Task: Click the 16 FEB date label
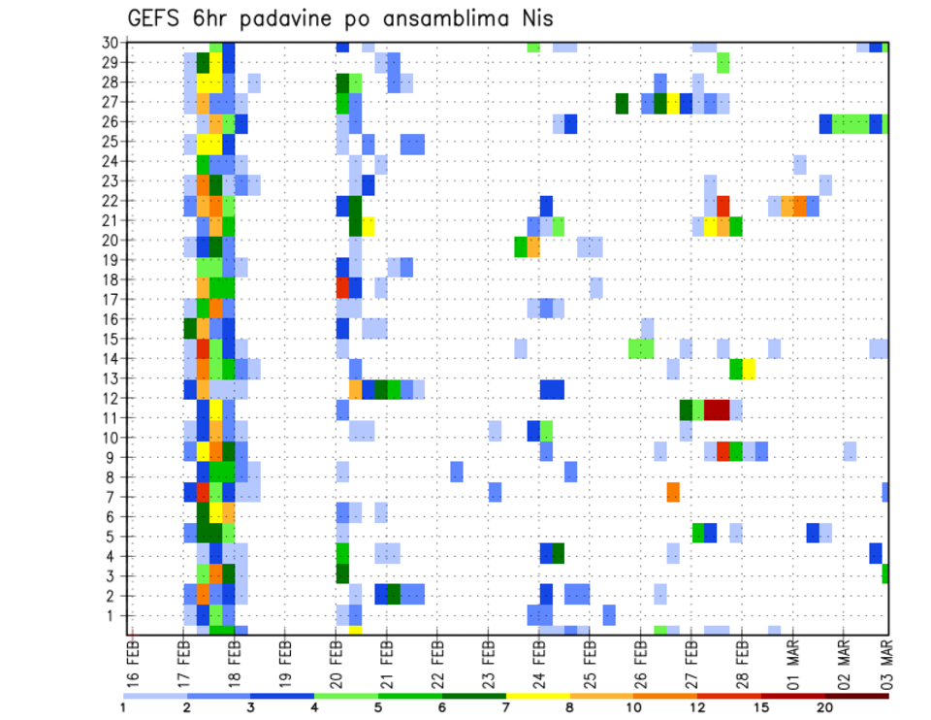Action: pos(134,660)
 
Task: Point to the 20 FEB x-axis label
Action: pos(337,660)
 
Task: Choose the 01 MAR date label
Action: pos(793,660)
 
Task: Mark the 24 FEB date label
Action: pos(539,660)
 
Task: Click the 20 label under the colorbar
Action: pos(825,706)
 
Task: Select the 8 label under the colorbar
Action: pos(570,706)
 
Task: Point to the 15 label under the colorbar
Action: pos(761,706)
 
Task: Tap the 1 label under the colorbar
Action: pos(123,706)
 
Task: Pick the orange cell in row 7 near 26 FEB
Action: pos(673,492)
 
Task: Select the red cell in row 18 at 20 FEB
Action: pos(342,287)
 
